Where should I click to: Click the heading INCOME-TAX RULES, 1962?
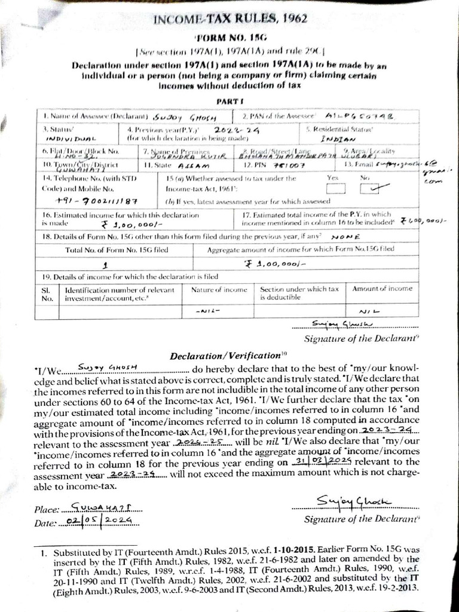tap(230, 19)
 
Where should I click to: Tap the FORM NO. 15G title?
tap(230, 38)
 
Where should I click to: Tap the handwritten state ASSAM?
tap(194, 165)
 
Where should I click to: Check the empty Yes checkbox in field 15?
tap(336, 189)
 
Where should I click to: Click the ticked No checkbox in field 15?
tap(372, 189)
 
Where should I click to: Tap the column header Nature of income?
tap(219, 289)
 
